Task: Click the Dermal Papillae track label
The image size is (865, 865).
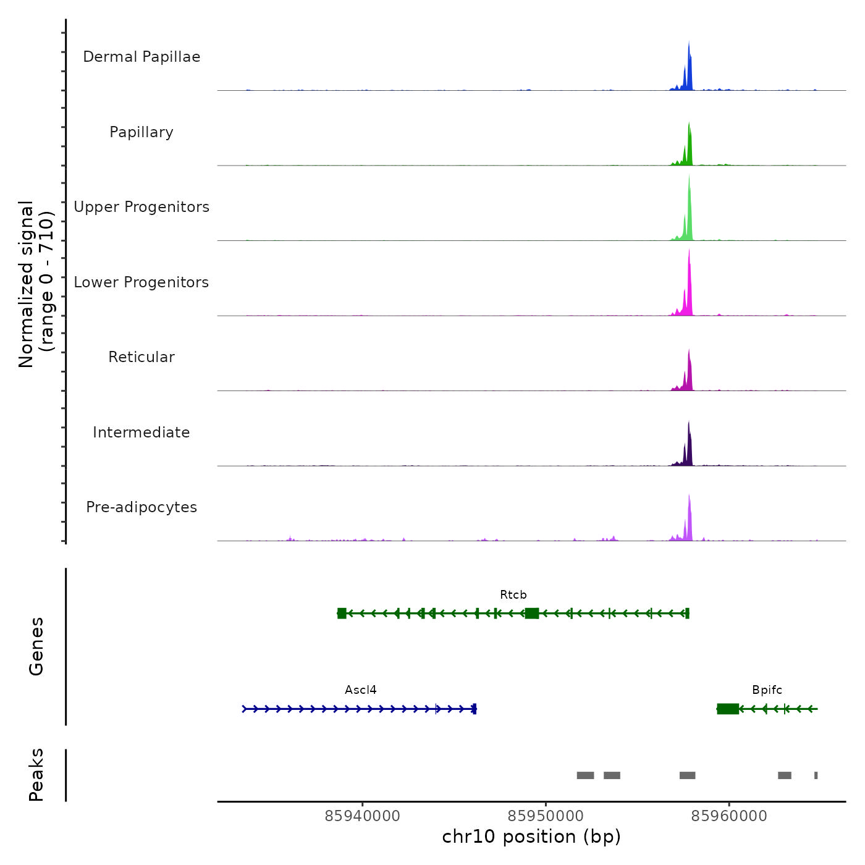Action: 141,57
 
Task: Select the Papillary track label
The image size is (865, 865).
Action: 141,132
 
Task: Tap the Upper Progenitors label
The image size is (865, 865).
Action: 141,207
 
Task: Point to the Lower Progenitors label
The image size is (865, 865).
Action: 141,282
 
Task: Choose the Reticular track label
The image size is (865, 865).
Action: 141,357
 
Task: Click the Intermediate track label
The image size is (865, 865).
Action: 141,432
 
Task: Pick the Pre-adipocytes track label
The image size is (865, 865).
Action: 141,507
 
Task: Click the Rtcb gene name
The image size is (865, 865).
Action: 513,595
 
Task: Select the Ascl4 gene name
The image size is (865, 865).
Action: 361,690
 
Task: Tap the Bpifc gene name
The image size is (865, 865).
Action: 767,690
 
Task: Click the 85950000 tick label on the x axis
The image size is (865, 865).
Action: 546,816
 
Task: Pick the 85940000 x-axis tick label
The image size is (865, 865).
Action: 363,816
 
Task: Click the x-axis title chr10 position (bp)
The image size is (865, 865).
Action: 531,837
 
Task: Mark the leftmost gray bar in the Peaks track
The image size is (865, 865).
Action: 585,775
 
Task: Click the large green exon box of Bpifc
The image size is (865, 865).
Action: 728,709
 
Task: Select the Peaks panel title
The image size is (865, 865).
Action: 36,775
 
